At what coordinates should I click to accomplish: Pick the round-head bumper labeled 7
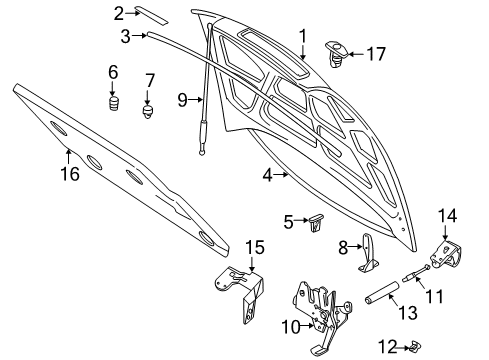(x=150, y=108)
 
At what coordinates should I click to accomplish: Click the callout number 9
(x=183, y=98)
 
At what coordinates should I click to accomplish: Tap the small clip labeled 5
(x=316, y=222)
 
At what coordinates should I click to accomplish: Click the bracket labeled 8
(x=369, y=252)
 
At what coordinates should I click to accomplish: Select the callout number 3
(x=126, y=37)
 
